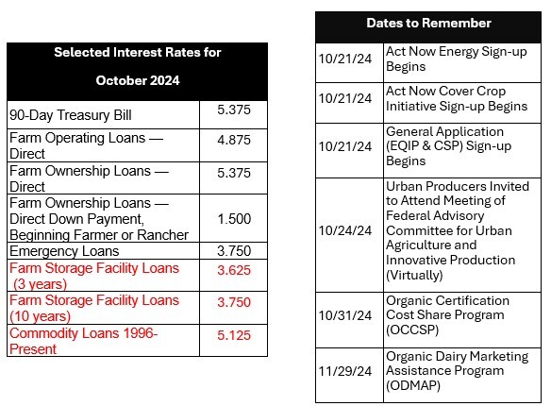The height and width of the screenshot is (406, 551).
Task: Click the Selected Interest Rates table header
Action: point(137,66)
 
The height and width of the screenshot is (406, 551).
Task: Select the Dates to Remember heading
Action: point(428,23)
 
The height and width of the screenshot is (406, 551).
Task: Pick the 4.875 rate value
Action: point(233,139)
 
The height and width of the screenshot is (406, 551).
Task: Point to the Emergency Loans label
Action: point(64,251)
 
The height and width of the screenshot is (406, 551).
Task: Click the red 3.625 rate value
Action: point(233,270)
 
